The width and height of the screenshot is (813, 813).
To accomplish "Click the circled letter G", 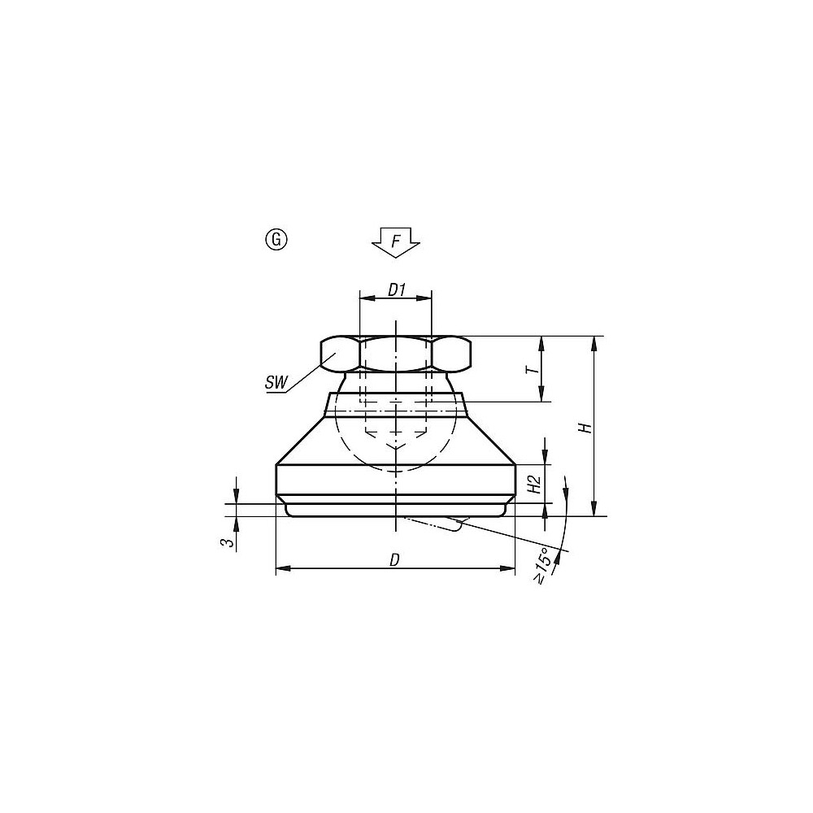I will [x=276, y=239].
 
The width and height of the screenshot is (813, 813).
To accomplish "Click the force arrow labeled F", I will [x=396, y=242].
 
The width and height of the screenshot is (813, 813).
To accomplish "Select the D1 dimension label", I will [x=395, y=289].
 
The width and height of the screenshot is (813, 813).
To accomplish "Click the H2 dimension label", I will [x=534, y=485].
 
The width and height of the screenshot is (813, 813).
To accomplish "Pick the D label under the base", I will [x=394, y=559].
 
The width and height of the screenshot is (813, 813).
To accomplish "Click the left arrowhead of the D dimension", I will [x=281, y=569].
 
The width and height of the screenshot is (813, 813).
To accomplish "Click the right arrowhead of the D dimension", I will [x=510, y=569].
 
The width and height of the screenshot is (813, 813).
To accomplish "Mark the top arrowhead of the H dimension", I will [x=597, y=342].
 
